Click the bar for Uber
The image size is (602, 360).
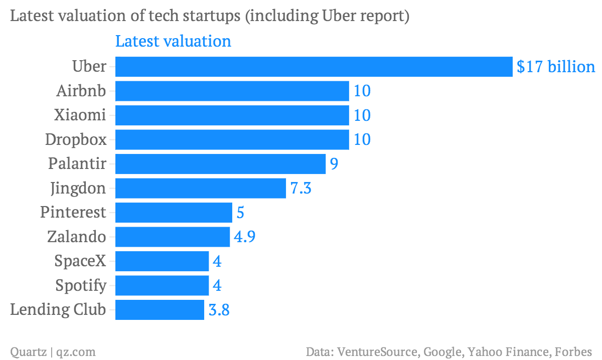(x=314, y=67)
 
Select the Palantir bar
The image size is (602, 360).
(x=220, y=164)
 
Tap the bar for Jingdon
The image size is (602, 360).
(x=201, y=188)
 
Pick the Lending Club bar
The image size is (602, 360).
(x=160, y=309)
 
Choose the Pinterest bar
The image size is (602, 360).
(x=174, y=212)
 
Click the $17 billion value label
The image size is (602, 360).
(x=556, y=67)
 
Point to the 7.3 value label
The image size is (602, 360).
(x=301, y=189)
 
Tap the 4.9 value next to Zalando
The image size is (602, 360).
(x=245, y=237)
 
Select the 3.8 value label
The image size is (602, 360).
(x=219, y=310)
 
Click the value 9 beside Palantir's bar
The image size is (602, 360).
(x=334, y=164)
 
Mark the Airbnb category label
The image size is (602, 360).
(x=81, y=91)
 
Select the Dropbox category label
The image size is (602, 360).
(x=76, y=139)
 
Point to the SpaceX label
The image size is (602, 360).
(x=80, y=261)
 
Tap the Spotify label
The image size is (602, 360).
(x=81, y=286)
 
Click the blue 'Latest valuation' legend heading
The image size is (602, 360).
(x=173, y=41)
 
